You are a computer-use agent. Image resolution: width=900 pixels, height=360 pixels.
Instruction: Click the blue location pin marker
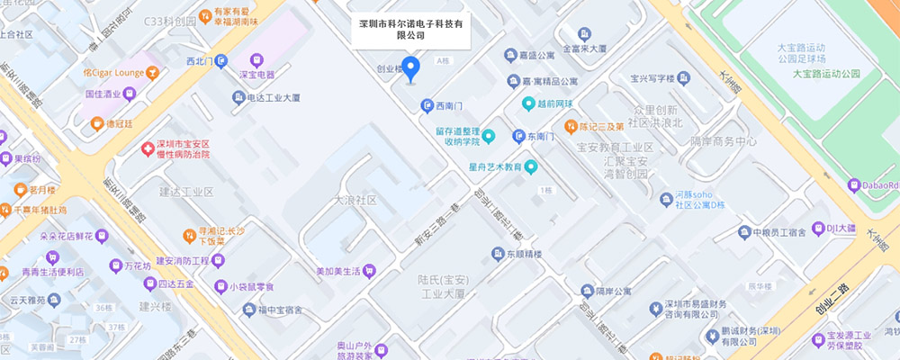410,68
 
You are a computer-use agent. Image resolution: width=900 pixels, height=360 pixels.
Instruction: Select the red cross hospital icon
148,148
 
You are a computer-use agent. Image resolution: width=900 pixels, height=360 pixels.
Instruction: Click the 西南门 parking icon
427,106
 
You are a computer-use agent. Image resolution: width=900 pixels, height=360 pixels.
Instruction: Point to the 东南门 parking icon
518,137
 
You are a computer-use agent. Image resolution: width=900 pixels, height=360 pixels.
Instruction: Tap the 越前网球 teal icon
529,104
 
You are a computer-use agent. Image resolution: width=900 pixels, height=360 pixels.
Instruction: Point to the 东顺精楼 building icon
497,254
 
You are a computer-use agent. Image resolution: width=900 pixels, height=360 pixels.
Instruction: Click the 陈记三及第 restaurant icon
570,127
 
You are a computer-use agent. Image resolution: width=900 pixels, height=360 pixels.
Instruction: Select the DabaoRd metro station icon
854,185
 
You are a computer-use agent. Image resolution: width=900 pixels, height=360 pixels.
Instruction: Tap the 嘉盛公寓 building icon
509,55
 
